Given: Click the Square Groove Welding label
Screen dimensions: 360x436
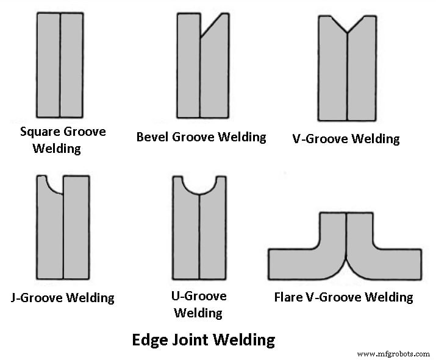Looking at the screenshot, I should click(x=63, y=139).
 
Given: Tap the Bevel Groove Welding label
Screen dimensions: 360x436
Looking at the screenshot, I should click(x=201, y=136).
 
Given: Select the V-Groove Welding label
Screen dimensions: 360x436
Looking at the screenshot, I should click(x=346, y=138).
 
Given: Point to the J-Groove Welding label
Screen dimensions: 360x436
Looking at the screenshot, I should click(x=63, y=298).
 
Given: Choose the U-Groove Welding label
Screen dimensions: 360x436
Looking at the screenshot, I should click(x=199, y=304).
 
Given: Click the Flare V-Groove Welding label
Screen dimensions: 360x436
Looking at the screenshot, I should click(x=343, y=297).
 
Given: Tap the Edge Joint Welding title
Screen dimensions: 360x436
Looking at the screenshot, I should click(x=204, y=339).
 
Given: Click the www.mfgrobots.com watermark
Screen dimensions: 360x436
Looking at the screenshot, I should click(x=393, y=353).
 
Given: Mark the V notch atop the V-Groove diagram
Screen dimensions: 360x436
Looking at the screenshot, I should click(x=347, y=24).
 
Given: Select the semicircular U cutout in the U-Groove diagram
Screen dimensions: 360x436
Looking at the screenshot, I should click(x=199, y=183).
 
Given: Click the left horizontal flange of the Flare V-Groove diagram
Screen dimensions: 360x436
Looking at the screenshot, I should click(x=291, y=263).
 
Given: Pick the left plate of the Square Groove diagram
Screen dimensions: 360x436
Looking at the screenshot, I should click(x=48, y=65).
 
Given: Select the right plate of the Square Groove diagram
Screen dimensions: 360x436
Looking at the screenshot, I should click(x=71, y=65).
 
